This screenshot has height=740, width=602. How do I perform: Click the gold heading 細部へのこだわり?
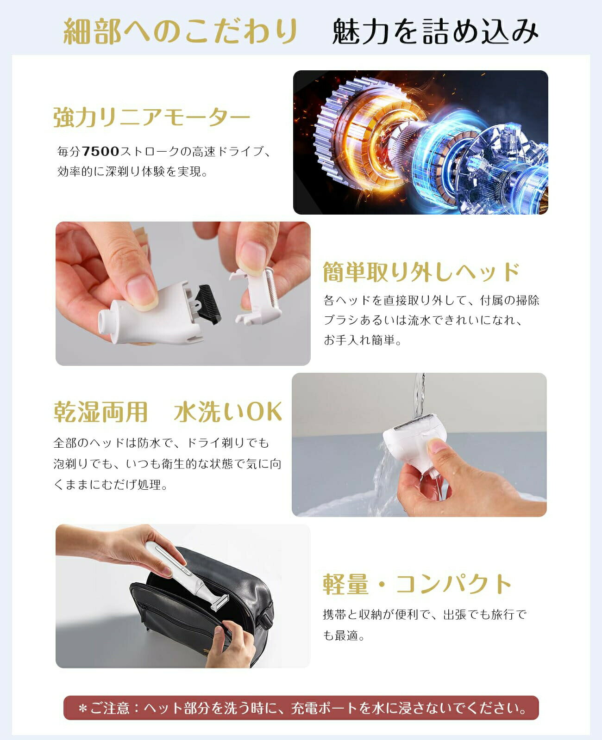click(181, 31)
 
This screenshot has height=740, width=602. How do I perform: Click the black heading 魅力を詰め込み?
click(435, 31)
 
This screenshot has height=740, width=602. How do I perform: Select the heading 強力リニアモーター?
click(151, 117)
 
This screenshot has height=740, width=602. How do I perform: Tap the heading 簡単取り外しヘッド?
click(421, 271)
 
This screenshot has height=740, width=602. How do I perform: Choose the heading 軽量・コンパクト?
click(417, 584)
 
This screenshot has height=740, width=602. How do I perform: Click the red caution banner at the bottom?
click(301, 708)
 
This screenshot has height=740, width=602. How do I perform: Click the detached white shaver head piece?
click(257, 296)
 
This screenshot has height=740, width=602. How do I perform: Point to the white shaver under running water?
click(414, 439)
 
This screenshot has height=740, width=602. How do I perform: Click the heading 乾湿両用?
click(100, 411)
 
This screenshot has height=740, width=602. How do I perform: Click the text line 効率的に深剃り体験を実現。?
click(132, 172)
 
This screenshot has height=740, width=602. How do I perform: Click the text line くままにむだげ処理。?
click(110, 485)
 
